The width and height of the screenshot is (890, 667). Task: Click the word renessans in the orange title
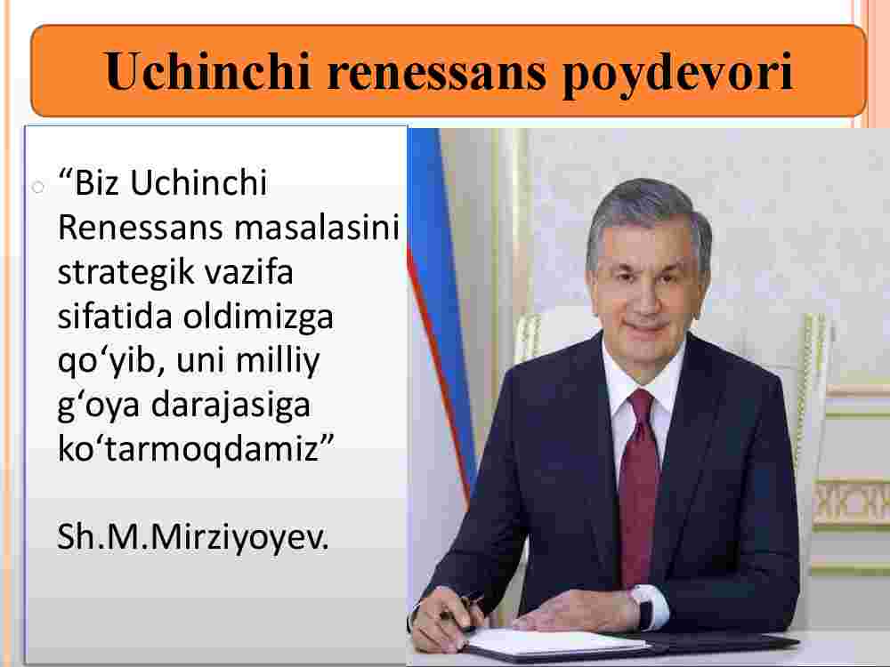(x=436, y=71)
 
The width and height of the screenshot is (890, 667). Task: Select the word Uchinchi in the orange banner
(x=207, y=71)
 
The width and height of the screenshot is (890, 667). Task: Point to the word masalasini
(x=317, y=228)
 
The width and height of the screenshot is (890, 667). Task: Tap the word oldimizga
(x=258, y=317)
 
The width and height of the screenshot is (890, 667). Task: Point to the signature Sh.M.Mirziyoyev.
(x=193, y=537)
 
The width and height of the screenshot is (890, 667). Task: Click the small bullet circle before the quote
(x=38, y=187)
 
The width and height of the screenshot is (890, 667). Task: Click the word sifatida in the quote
(x=115, y=317)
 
